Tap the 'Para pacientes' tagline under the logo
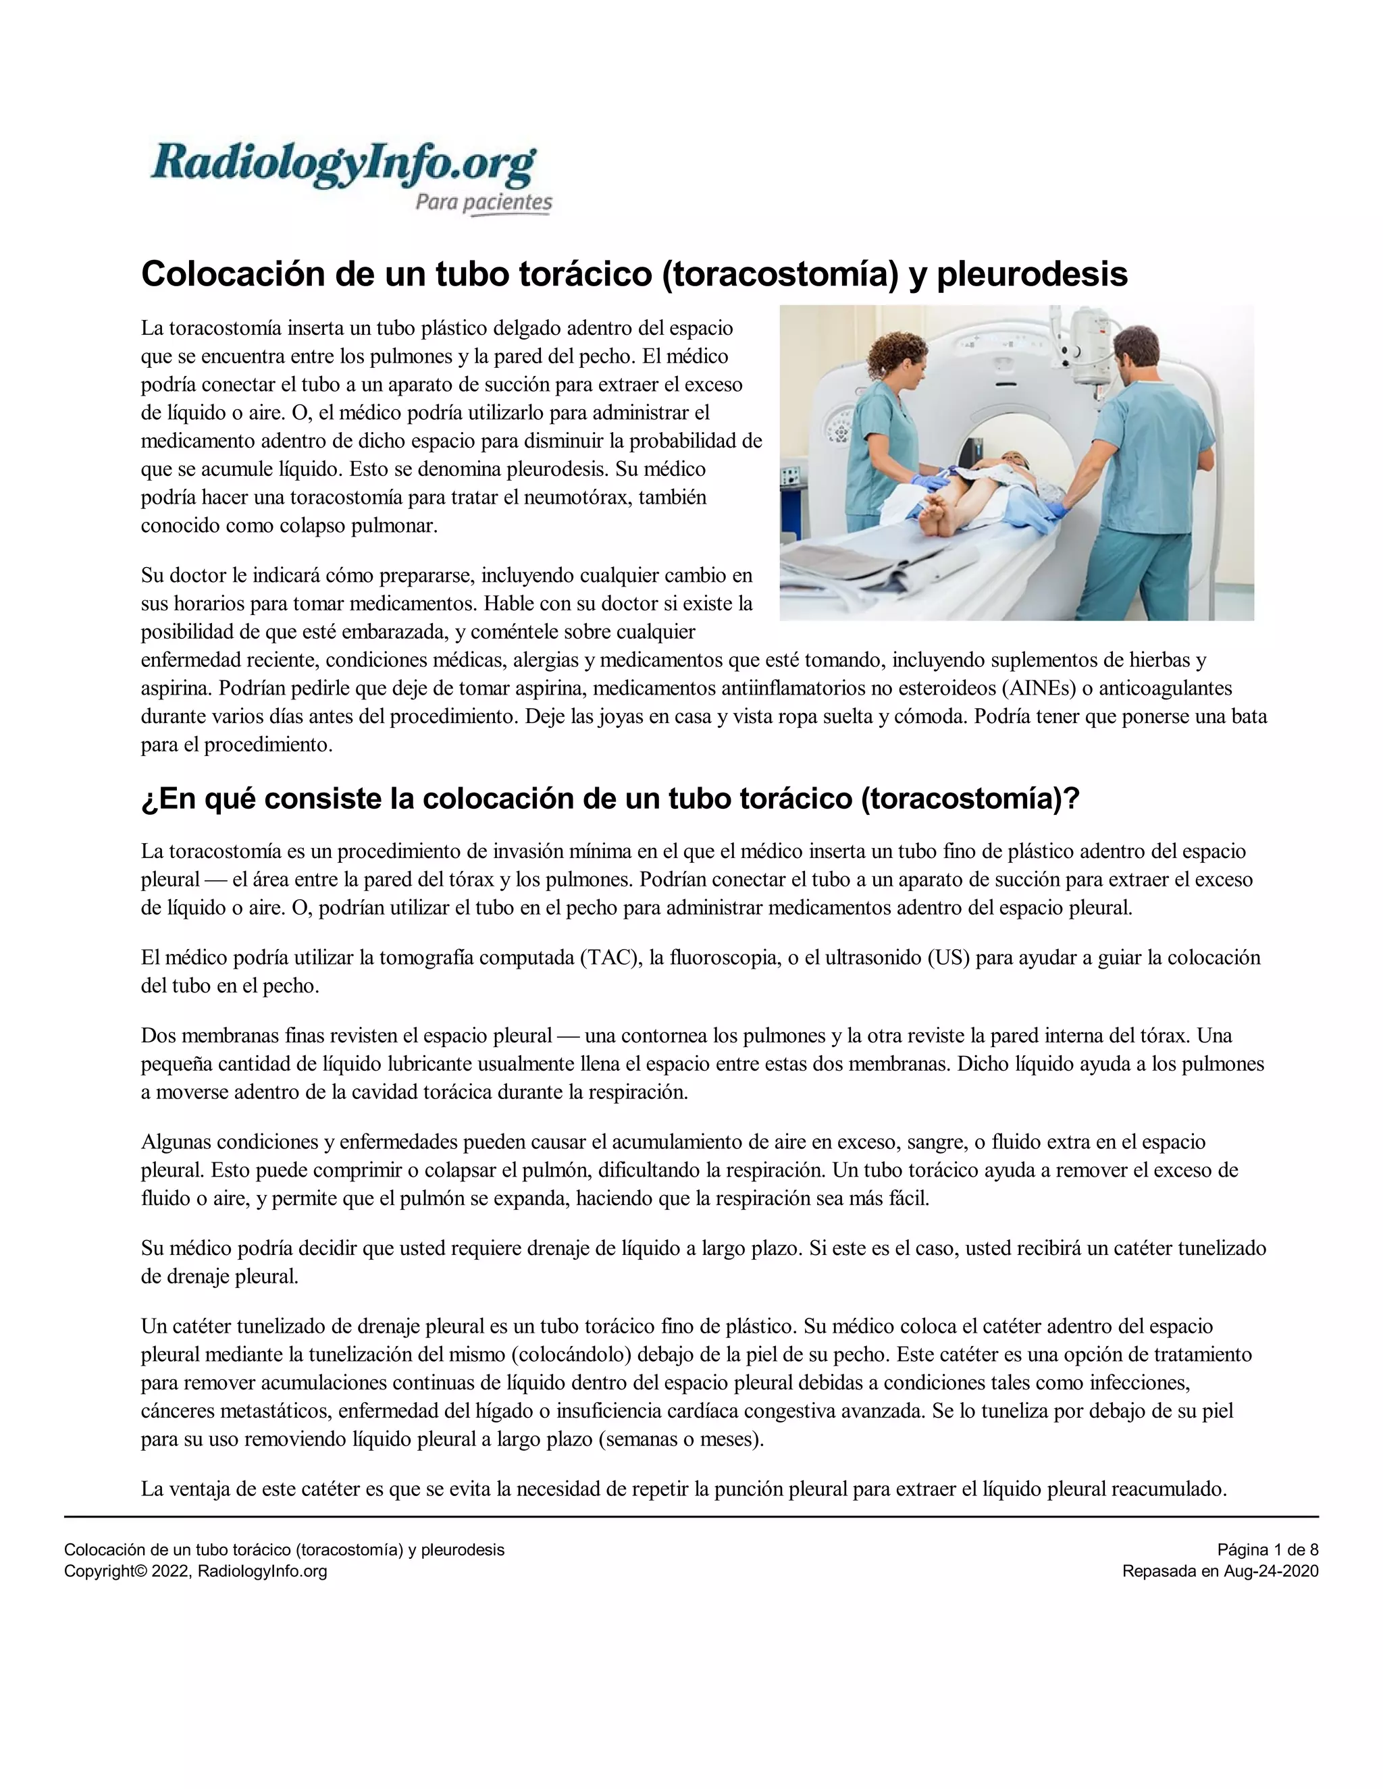point(484,203)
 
